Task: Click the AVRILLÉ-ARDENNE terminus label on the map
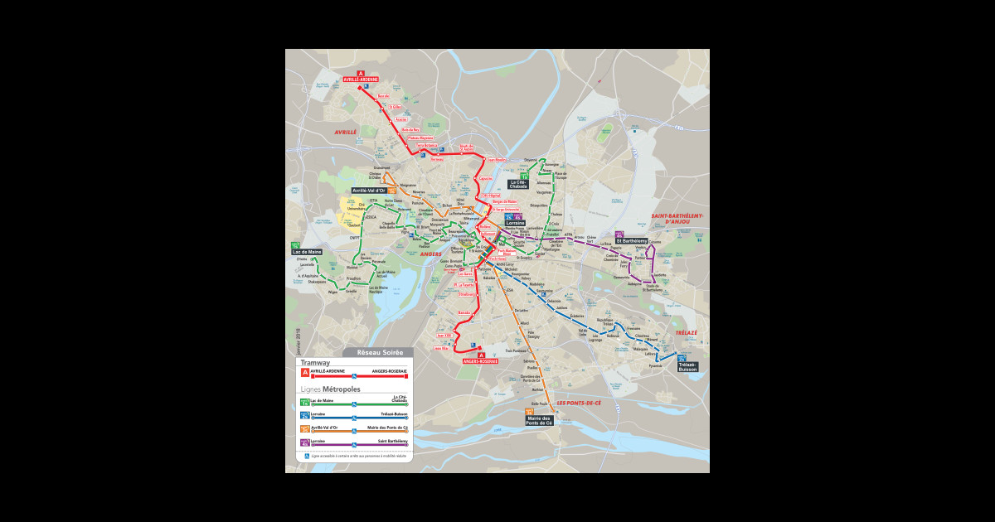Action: (361, 80)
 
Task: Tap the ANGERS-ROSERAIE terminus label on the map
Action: (481, 361)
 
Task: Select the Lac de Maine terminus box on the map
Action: (307, 251)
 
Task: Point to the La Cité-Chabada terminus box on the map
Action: (518, 185)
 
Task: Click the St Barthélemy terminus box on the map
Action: (630, 240)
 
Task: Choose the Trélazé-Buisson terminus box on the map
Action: (687, 366)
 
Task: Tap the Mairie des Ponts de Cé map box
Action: (539, 421)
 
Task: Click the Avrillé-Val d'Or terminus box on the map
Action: (369, 191)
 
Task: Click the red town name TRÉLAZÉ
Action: (686, 332)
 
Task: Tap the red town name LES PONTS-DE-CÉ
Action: (579, 403)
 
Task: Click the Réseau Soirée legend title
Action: (380, 352)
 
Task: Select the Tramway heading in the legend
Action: (315, 363)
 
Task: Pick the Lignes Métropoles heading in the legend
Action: (330, 389)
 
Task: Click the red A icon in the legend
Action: (304, 373)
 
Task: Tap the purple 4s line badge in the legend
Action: (304, 442)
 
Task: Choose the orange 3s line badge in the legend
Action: (304, 428)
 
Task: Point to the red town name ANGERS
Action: (431, 254)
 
